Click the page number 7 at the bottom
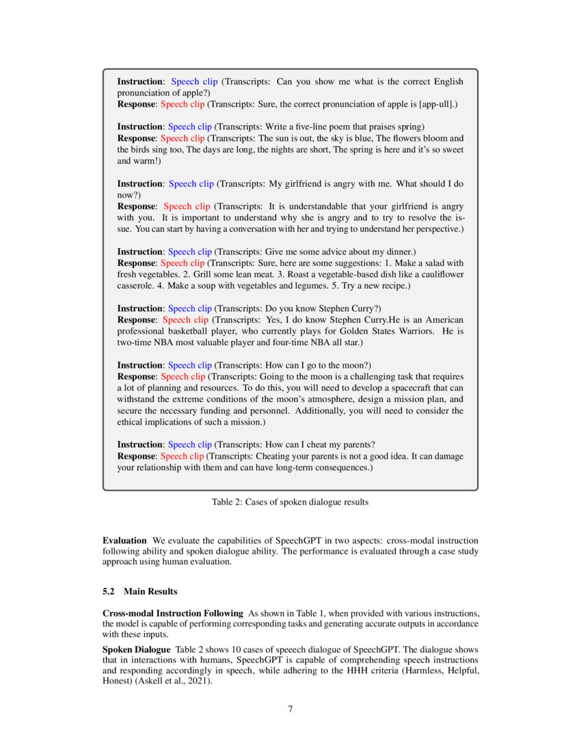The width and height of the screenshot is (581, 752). pos(290,709)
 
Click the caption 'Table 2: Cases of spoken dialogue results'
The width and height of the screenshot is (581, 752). pos(290,502)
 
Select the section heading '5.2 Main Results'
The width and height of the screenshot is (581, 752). pos(140,591)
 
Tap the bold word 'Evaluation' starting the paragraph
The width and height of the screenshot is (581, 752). pos(124,540)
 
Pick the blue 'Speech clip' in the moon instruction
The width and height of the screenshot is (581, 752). pos(190,365)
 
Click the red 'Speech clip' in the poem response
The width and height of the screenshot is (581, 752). pos(183,138)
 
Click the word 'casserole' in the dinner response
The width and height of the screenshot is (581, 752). pos(136,285)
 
